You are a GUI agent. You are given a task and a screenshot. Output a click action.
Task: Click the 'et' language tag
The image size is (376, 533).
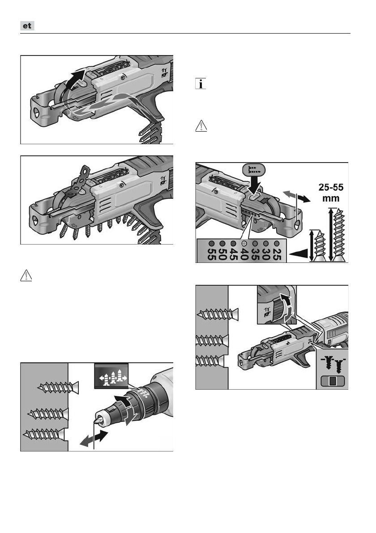28,26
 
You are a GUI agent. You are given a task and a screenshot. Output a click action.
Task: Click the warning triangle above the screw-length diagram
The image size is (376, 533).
201,126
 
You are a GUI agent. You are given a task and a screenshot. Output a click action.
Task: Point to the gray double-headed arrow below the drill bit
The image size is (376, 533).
94,438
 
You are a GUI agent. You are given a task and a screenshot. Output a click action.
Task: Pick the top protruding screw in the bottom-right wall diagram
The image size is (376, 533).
217,314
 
